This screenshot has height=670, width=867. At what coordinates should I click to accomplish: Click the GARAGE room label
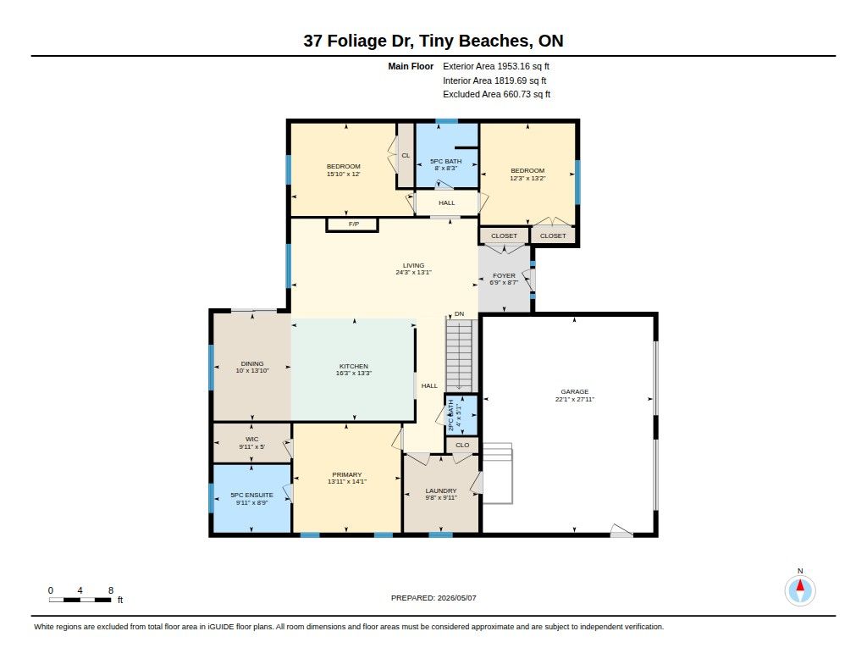pyautogui.click(x=575, y=391)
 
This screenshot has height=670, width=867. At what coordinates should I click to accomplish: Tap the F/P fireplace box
pyautogui.click(x=353, y=224)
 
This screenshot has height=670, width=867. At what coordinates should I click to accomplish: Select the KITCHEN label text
pyautogui.click(x=353, y=366)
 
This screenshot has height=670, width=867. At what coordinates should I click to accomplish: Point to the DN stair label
pyautogui.click(x=459, y=313)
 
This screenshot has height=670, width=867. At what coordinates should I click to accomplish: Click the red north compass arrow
pyautogui.click(x=800, y=585)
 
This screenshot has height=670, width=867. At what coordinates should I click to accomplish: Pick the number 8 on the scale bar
pyautogui.click(x=111, y=590)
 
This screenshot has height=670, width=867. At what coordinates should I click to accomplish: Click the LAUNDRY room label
pyautogui.click(x=440, y=490)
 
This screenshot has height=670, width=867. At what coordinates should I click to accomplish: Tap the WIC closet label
pyautogui.click(x=251, y=440)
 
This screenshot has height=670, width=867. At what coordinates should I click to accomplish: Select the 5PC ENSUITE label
pyautogui.click(x=251, y=496)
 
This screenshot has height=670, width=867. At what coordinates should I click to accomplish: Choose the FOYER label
pyautogui.click(x=504, y=275)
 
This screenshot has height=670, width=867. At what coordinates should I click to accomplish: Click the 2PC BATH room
pyautogui.click(x=461, y=415)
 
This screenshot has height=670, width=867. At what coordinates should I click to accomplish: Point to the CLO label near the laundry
pyautogui.click(x=462, y=445)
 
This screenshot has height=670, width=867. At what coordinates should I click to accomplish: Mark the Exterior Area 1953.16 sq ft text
pyautogui.click(x=496, y=66)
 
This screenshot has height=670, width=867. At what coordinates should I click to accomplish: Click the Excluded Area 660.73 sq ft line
pyautogui.click(x=496, y=94)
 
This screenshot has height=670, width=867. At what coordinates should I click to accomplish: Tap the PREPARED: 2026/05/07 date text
pyautogui.click(x=433, y=597)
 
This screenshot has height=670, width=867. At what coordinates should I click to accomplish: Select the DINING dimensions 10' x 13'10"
pyautogui.click(x=252, y=371)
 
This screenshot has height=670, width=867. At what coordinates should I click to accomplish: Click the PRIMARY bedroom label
pyautogui.click(x=346, y=474)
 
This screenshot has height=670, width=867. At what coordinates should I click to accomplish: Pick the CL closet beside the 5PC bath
pyautogui.click(x=406, y=156)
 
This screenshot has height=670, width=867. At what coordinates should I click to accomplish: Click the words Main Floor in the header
pyautogui.click(x=411, y=66)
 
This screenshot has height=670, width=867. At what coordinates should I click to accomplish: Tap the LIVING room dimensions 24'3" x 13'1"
pyautogui.click(x=413, y=272)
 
